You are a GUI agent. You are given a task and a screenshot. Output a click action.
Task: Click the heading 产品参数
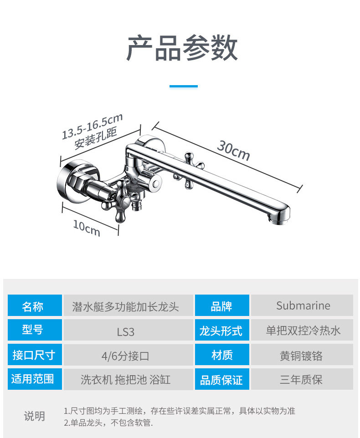[x=182, y=48]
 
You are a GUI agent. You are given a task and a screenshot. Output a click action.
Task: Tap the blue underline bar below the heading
[x=184, y=86]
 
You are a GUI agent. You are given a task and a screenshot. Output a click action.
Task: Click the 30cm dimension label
[x=233, y=150]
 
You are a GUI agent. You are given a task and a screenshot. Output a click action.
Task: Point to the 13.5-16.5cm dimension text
[x=93, y=126]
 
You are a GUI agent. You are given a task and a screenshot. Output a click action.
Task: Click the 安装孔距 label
[x=96, y=138]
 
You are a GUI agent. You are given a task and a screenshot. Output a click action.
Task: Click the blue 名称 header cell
[x=35, y=306]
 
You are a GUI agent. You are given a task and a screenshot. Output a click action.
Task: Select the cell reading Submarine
[x=303, y=306]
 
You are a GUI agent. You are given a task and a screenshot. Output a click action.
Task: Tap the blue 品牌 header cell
[x=222, y=306]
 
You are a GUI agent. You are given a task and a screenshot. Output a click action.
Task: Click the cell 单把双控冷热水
[x=303, y=331]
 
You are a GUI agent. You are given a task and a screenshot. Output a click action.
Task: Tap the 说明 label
[x=35, y=416]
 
